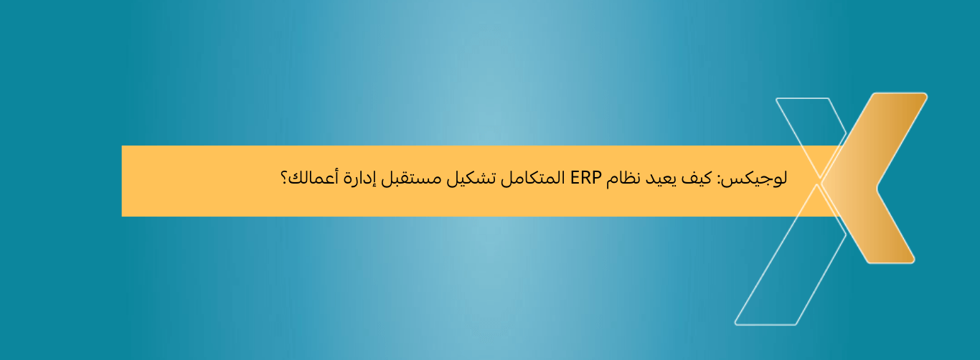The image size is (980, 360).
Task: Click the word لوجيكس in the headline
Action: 765,179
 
